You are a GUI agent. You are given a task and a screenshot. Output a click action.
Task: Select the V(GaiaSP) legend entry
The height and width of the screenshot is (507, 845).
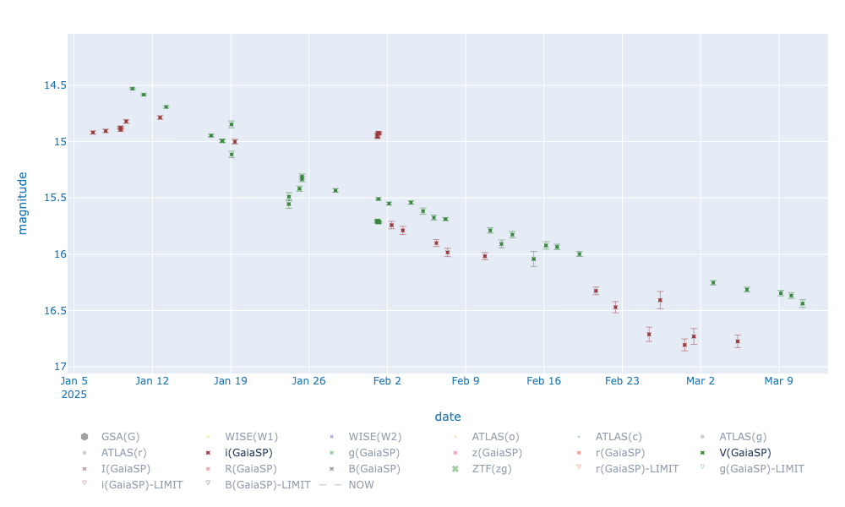[x=744, y=452]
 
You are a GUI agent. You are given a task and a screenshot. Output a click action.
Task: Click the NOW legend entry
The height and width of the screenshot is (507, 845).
[x=360, y=484]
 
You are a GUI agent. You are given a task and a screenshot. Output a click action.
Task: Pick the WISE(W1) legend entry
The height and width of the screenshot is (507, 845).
[x=251, y=436]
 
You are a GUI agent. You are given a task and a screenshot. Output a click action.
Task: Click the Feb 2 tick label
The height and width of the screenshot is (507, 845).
[x=387, y=380]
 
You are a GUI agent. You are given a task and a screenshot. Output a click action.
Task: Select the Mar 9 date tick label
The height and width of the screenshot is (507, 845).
[x=778, y=380]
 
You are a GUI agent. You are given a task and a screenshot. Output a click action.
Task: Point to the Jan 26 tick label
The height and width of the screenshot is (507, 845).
[x=309, y=380]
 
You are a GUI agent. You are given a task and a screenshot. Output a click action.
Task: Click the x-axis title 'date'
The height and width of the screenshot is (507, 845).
[x=448, y=417]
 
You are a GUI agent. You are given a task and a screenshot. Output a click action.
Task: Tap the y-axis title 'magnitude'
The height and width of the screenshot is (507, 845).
[x=23, y=203]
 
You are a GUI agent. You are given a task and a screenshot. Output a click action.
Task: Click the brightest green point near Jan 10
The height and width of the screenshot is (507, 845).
[x=132, y=89]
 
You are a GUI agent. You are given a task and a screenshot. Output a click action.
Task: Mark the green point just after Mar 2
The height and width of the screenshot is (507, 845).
[x=713, y=282]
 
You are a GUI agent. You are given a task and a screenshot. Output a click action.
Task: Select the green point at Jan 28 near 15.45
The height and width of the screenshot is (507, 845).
[x=335, y=190]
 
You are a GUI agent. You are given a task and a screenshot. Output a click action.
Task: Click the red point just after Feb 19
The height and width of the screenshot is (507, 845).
[x=596, y=291]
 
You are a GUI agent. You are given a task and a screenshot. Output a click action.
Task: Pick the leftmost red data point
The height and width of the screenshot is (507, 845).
[x=93, y=133]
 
